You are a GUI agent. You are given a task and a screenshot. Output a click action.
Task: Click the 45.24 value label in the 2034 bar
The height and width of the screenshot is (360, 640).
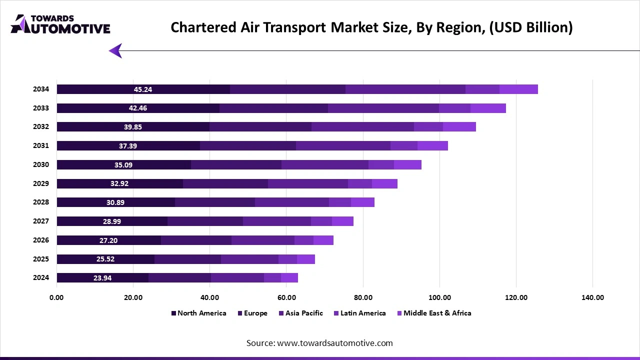[143, 89]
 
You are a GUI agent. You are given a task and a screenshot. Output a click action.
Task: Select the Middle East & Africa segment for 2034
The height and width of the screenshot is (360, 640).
[518, 89]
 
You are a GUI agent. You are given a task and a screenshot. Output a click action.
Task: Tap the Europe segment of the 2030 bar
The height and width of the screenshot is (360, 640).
[236, 165]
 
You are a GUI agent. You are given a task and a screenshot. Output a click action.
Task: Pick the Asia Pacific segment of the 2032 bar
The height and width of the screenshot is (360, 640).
[362, 127]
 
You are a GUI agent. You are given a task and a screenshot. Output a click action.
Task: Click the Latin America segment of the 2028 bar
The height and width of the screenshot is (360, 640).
[340, 202]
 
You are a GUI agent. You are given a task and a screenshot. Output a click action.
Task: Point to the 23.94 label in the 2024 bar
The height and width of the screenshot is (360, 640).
[102, 278]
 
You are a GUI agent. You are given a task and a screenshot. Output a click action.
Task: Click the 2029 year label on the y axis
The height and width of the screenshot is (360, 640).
[41, 183]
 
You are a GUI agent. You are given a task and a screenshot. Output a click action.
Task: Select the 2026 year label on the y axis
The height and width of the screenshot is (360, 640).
[41, 240]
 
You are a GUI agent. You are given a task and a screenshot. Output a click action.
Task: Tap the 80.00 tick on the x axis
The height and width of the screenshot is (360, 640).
[363, 297]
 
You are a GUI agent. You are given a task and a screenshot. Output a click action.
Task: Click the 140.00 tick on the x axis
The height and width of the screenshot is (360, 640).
[592, 297]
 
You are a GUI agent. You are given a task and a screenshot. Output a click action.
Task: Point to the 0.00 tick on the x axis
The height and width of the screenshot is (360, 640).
[56, 297]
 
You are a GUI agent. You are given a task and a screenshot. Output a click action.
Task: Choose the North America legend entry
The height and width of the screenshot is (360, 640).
[198, 313]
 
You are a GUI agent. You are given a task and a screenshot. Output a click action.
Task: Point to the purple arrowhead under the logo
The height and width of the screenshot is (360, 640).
[115, 50]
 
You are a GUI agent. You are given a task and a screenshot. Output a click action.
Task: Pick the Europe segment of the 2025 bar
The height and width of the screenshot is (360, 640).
[187, 259]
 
